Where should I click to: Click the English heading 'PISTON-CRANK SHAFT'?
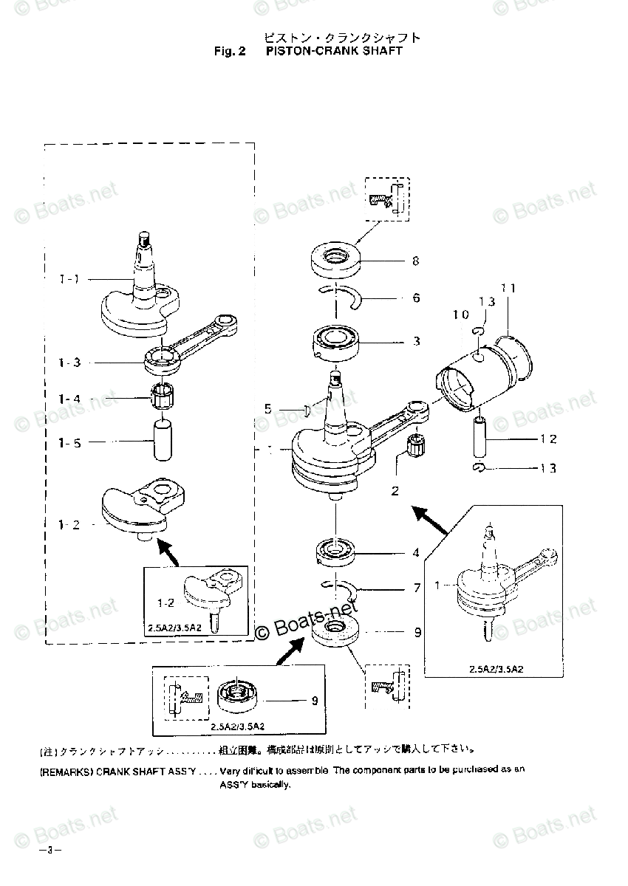[334, 51]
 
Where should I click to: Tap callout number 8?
[416, 261]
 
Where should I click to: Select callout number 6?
[416, 298]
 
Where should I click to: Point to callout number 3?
[416, 341]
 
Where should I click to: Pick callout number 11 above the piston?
[508, 288]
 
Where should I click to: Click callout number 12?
[547, 439]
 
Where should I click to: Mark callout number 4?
[416, 552]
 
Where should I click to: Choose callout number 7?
[416, 588]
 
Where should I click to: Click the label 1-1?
[69, 279]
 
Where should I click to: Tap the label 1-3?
[69, 363]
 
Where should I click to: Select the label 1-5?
[69, 443]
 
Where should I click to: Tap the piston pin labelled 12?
[480, 438]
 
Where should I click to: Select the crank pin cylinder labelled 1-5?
[161, 440]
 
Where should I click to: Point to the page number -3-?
[52, 850]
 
